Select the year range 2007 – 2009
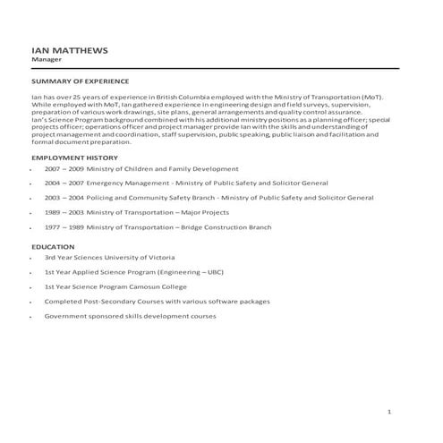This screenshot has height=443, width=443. click(x=64, y=168)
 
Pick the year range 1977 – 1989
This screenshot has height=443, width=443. click(x=64, y=227)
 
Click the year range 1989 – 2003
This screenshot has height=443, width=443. click(x=64, y=212)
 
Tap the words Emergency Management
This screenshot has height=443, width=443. click(x=122, y=183)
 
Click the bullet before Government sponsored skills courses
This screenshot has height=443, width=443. click(x=33, y=317)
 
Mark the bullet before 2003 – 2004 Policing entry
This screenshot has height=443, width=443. click(x=33, y=198)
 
